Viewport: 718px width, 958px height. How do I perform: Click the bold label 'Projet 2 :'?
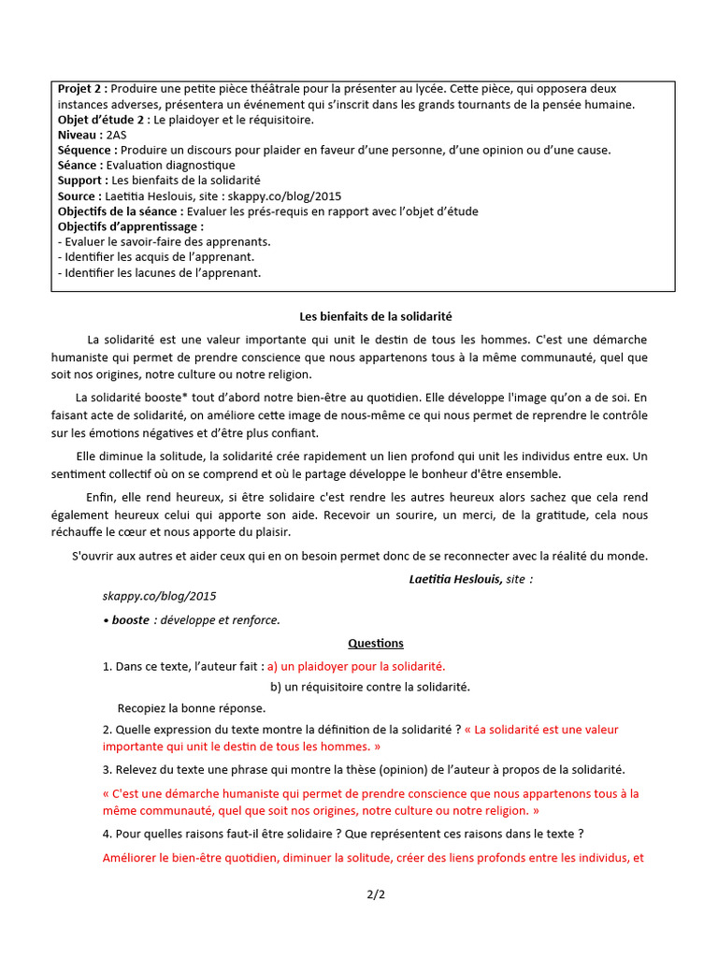click(83, 89)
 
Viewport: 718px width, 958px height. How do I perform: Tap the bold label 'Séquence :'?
click(88, 150)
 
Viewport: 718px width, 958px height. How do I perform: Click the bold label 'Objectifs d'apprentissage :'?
click(130, 226)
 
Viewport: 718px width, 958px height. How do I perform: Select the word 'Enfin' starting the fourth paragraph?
click(102, 497)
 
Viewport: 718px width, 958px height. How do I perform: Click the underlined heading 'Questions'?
click(376, 643)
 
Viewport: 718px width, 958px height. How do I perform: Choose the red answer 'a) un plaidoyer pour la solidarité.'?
click(356, 666)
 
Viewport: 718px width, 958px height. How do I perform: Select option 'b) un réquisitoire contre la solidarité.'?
click(369, 687)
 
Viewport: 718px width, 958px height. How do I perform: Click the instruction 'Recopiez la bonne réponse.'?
click(192, 708)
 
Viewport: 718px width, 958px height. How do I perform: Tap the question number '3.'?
click(108, 769)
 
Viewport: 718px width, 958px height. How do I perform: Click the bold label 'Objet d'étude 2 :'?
click(104, 120)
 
